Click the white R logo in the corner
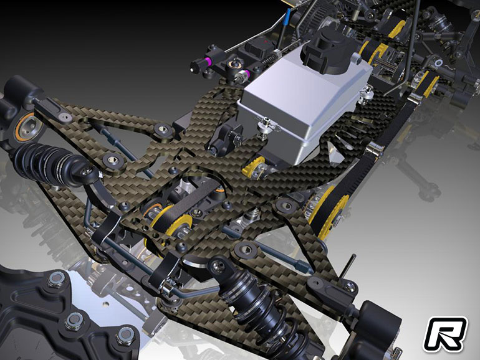click(x=445, y=334)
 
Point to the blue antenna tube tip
click(x=288, y=16)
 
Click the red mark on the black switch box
click(x=266, y=40)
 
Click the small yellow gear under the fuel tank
click(x=253, y=168)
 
